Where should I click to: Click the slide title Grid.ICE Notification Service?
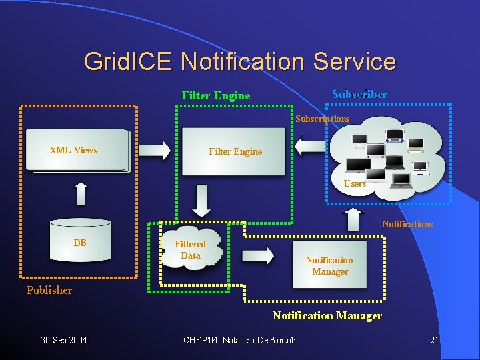point(239,61)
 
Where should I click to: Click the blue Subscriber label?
point(359,94)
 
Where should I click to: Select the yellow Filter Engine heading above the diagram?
point(216,95)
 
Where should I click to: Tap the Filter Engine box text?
point(235,151)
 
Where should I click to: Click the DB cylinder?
point(80,243)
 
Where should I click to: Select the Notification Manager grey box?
point(330,265)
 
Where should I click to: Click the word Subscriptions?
point(323,119)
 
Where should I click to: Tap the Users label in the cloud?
point(355,183)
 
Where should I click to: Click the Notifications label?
point(407,224)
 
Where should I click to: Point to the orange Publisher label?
point(49,290)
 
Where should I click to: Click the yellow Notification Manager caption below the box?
point(327,316)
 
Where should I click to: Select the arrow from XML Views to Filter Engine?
point(155,150)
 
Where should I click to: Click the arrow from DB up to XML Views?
point(81,193)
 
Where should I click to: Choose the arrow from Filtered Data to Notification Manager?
point(258,255)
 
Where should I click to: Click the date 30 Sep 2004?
point(64,341)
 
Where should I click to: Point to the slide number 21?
point(434,341)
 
